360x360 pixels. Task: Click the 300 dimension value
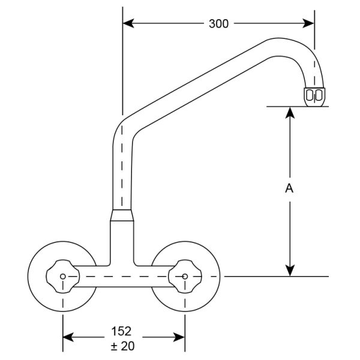coord(218,24)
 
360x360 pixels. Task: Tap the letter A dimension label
coord(289,188)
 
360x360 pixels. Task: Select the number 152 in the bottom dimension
coord(121,331)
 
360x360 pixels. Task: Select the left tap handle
coord(63,277)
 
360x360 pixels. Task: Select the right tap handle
coord(184,277)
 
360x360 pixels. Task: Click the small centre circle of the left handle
coord(63,277)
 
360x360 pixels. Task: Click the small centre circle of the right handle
coord(184,277)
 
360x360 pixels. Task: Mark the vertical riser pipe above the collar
coord(122,174)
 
